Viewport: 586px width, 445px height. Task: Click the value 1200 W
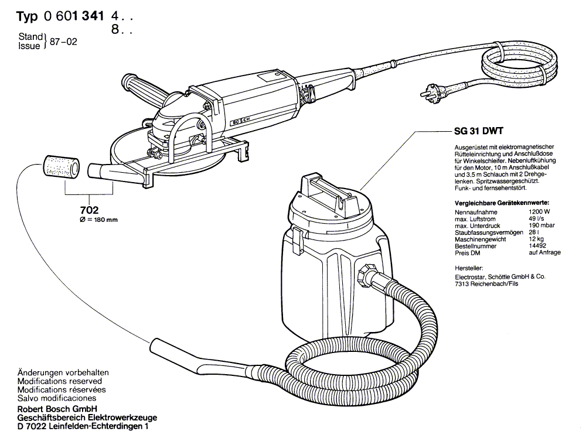(539, 211)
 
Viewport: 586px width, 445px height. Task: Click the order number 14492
(537, 247)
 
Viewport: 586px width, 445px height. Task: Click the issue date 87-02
(64, 42)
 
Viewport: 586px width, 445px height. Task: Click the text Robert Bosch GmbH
(57, 408)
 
